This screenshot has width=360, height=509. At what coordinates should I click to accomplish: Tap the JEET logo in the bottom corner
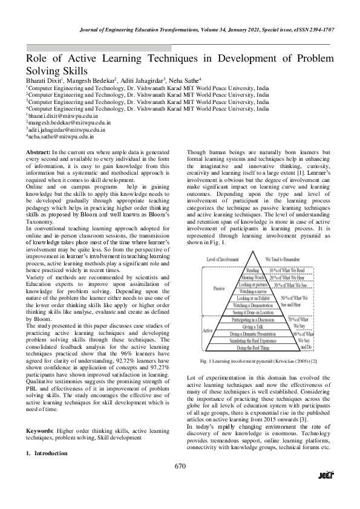[x=326, y=491]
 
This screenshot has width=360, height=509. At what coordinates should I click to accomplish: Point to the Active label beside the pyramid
[x=207, y=331]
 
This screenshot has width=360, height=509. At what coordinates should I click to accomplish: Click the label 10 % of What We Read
[x=292, y=270]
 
